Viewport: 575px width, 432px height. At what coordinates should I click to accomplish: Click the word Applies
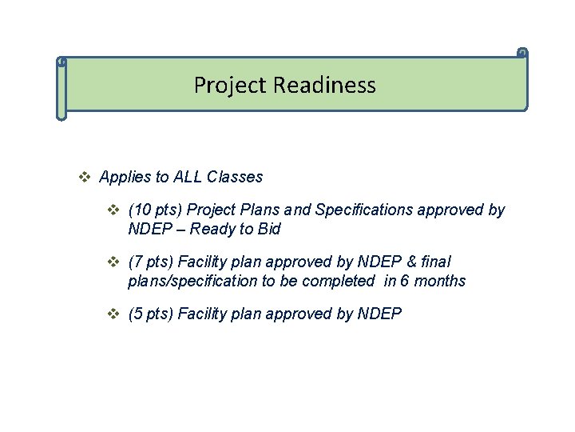[126, 177]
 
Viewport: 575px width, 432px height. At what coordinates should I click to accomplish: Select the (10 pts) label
[155, 210]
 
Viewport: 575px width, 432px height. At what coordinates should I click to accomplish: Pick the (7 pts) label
[151, 262]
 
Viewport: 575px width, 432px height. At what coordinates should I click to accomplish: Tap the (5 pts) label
[151, 314]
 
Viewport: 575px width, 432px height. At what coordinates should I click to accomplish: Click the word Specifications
[360, 210]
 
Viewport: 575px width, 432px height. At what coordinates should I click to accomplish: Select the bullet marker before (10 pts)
[114, 210]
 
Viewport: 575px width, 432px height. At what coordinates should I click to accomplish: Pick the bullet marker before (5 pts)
[114, 314]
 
